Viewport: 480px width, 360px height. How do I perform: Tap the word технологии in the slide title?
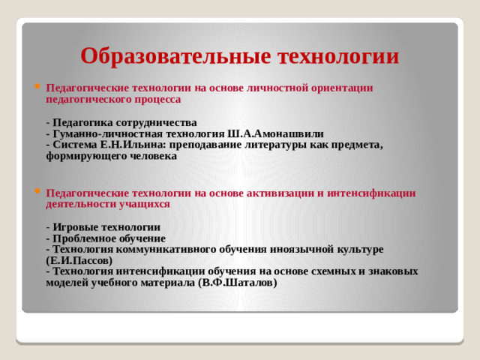tap(338, 56)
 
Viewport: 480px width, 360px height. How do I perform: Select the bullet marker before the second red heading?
tap(37, 190)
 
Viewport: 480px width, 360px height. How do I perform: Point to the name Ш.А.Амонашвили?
tap(280, 133)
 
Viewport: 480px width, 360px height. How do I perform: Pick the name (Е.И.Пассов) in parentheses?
tap(79, 259)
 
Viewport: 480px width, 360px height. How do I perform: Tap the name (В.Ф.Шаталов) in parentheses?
tap(238, 282)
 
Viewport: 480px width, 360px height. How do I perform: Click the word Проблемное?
tap(84, 238)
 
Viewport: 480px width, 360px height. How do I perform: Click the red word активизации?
tap(284, 192)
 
